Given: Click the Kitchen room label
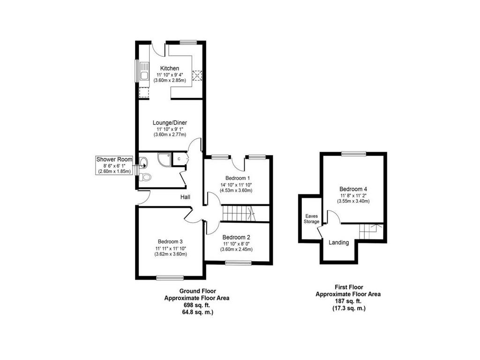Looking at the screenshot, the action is [x=170, y=68].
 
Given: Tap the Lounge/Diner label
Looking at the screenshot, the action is [x=170, y=122].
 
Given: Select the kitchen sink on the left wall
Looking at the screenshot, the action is [x=144, y=71].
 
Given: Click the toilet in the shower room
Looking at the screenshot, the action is [x=145, y=177].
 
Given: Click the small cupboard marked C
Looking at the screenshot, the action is [x=179, y=159].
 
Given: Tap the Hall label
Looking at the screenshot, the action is [x=185, y=197].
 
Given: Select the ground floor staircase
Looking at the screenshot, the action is [x=238, y=213].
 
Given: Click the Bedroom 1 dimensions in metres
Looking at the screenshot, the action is [x=236, y=190].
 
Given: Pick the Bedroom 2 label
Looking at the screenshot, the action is [x=236, y=237].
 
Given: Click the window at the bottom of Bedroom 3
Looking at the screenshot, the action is [x=170, y=277].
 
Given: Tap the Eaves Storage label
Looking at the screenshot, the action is [x=311, y=218].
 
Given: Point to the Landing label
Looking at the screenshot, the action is [x=338, y=242].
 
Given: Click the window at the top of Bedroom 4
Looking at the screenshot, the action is [x=354, y=154].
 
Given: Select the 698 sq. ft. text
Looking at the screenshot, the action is [x=197, y=305].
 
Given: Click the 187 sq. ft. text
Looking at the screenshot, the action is [x=349, y=301].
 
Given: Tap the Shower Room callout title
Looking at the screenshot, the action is [x=114, y=159].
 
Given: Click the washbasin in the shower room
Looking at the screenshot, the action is [x=143, y=162].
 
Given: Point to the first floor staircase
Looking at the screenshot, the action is [x=371, y=232].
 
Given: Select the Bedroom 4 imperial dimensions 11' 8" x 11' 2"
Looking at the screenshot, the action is [x=353, y=195].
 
